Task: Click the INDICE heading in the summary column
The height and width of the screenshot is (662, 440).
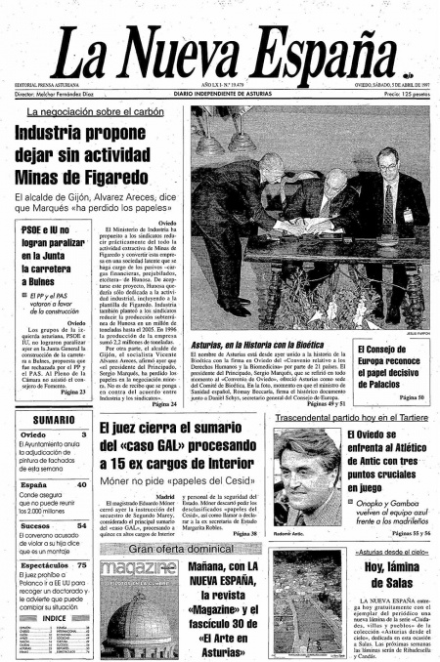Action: coord(54,618)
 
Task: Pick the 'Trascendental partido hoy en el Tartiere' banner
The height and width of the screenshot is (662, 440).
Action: coord(349,417)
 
